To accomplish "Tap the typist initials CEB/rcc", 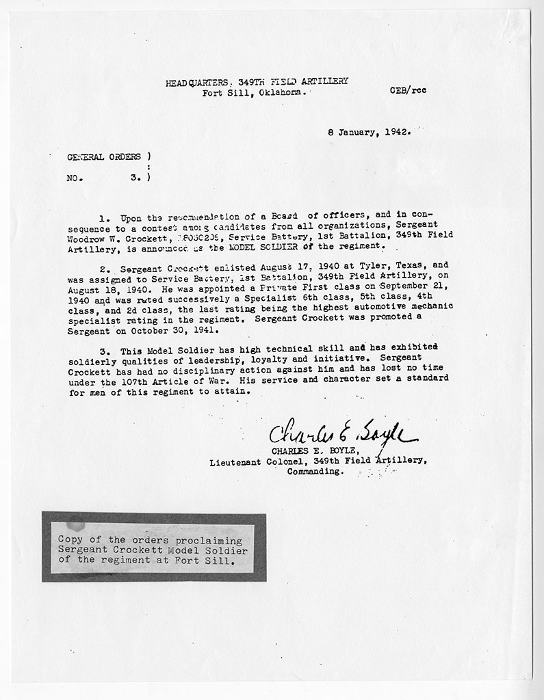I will coord(408,90).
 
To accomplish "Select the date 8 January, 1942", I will coord(370,133).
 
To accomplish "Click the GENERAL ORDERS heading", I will coord(104,157).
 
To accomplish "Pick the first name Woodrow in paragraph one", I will coord(89,235).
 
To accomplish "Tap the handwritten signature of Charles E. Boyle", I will coord(342,432).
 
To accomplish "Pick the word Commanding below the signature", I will coord(315,472).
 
